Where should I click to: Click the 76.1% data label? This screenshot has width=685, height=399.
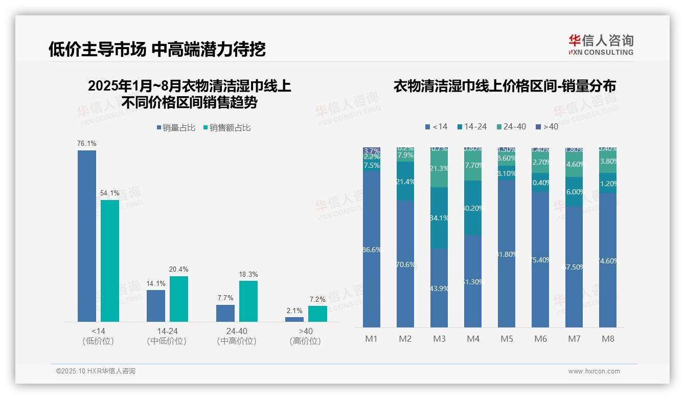[87, 144]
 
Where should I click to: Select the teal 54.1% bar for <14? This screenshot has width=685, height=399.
[110, 260]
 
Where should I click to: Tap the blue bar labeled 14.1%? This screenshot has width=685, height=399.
[156, 306]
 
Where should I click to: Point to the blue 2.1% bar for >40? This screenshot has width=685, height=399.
[294, 319]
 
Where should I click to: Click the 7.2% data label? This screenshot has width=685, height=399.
[317, 299]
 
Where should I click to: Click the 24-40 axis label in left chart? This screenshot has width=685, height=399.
[237, 331]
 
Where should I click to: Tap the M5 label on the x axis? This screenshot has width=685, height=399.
[507, 339]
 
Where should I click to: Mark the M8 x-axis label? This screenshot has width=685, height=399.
[608, 339]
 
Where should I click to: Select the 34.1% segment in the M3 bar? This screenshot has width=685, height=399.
[439, 218]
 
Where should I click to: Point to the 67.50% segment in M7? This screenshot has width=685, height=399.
[574, 267]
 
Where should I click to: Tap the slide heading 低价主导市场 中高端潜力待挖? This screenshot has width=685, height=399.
[157, 50]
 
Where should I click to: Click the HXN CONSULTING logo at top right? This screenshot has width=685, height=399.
[601, 45]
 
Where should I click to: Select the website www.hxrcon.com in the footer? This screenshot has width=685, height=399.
[594, 371]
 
